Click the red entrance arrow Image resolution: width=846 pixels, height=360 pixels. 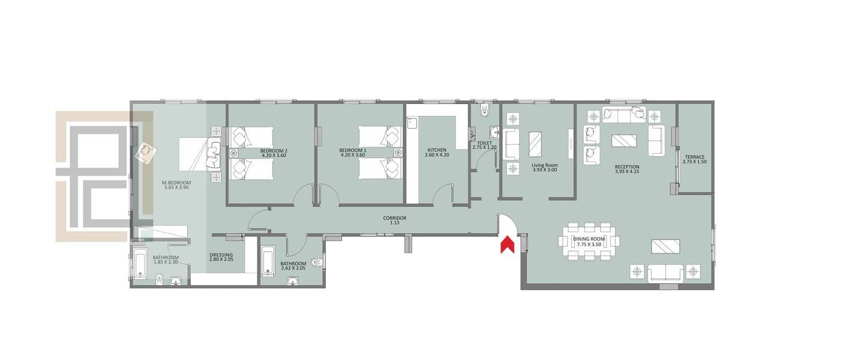[507, 245]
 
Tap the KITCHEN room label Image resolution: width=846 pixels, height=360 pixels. [437, 150]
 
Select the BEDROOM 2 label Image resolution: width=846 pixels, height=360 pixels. [274, 151]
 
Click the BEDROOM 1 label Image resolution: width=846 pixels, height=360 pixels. [353, 151]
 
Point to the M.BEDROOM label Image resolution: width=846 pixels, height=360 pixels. [176, 183]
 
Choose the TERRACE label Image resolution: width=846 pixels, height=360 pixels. [695, 157]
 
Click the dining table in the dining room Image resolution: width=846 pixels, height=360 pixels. [589, 241]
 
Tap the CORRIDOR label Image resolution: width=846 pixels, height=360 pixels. [395, 218]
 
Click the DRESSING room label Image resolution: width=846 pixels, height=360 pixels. [221, 255]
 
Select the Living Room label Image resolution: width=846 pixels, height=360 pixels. [545, 165]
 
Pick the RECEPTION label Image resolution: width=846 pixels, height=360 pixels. [627, 167]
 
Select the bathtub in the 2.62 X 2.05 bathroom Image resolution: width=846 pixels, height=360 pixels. [268, 260]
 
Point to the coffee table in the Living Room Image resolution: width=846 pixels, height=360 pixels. [535, 144]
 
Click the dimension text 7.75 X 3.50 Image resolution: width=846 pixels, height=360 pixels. [589, 244]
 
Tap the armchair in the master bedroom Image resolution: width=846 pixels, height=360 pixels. [146, 153]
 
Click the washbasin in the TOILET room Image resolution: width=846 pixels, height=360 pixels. [494, 133]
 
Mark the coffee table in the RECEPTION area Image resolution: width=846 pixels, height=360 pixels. [624, 141]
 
